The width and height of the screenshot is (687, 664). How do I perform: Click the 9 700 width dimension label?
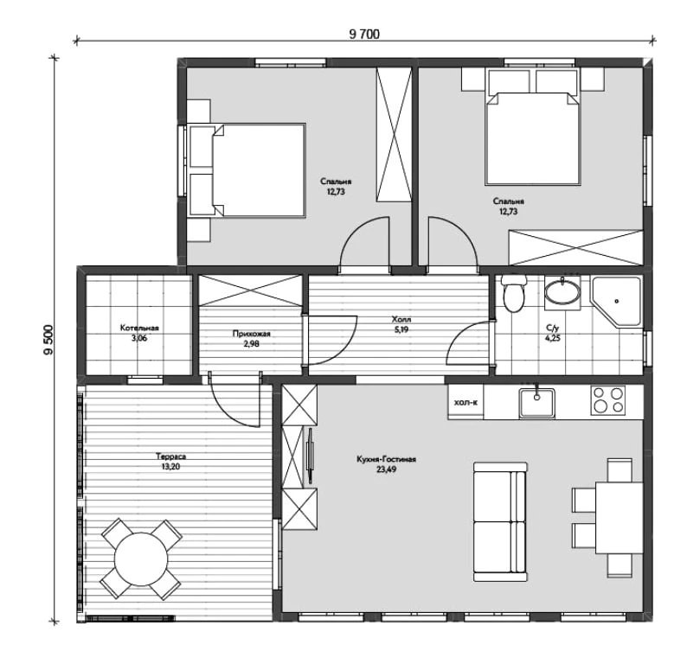pyautogui.click(x=364, y=34)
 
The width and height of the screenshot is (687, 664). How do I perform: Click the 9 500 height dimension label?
pyautogui.click(x=48, y=340)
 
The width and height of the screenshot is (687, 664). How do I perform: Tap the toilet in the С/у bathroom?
pyautogui.click(x=513, y=293)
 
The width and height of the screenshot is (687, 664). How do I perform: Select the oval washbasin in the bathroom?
pyautogui.click(x=562, y=292)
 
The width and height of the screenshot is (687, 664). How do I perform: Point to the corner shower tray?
pyautogui.click(x=616, y=301)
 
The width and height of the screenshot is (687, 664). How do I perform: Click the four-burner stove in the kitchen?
pyautogui.click(x=607, y=400)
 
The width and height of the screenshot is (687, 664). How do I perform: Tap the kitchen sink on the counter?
pyautogui.click(x=536, y=402)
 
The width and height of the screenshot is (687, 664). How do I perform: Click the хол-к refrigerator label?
pyautogui.click(x=465, y=402)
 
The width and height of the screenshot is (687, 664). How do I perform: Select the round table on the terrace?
pyautogui.click(x=141, y=559)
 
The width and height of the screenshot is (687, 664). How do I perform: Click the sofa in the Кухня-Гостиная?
pyautogui.click(x=500, y=521)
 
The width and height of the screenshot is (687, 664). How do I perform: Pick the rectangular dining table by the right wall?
pyautogui.click(x=619, y=518)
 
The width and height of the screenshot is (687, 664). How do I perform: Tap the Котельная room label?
pyautogui.click(x=139, y=328)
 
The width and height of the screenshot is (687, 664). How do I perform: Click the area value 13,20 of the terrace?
pyautogui.click(x=170, y=467)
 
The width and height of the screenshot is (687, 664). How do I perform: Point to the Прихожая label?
pyautogui.click(x=252, y=334)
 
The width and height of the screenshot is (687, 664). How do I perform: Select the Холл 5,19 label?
pyautogui.click(x=401, y=324)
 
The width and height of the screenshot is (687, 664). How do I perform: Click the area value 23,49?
pyautogui.click(x=386, y=469)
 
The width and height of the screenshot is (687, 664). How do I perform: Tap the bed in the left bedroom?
pyautogui.click(x=247, y=169)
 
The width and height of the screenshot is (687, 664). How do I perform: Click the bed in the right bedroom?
pyautogui.click(x=533, y=126)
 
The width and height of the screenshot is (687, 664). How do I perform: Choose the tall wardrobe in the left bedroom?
pyautogui.click(x=395, y=134)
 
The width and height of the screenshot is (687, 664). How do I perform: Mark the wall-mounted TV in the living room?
pyautogui.click(x=311, y=456)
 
